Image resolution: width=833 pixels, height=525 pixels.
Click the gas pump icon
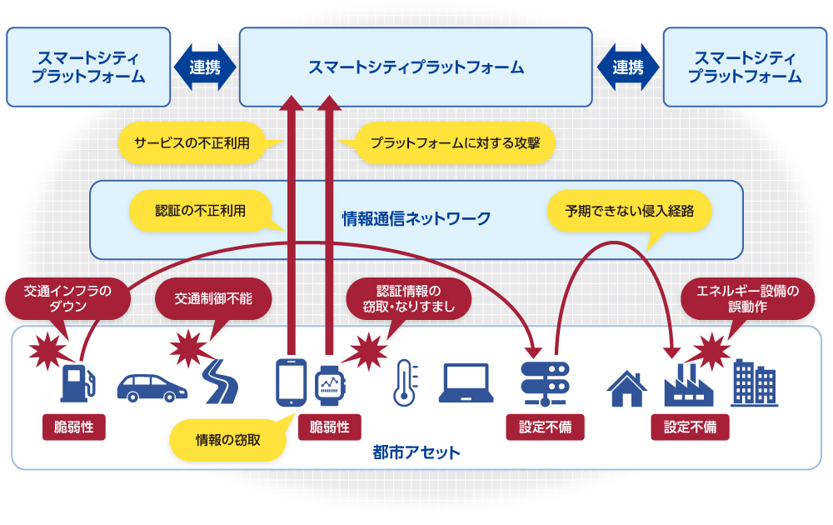(x=78, y=382)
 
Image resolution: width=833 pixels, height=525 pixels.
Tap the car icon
(x=152, y=387)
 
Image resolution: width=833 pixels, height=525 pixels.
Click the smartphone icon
(x=291, y=382)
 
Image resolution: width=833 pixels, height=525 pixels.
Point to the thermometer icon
(x=406, y=382)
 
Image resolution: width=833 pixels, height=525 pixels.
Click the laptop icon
(x=466, y=383)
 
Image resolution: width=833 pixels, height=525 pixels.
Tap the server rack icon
(x=545, y=383)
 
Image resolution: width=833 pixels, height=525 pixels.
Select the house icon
(x=627, y=388)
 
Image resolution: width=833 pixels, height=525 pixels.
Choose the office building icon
(x=755, y=383)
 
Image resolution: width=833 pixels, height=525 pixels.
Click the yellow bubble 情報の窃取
(x=228, y=440)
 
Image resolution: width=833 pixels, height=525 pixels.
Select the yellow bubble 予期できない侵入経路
(x=630, y=211)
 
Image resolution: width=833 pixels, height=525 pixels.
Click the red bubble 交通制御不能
(x=213, y=298)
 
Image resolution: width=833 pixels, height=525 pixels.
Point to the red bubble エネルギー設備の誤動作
(x=747, y=298)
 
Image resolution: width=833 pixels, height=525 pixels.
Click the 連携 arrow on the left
(x=205, y=67)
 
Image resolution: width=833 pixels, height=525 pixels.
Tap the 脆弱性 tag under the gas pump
(x=74, y=427)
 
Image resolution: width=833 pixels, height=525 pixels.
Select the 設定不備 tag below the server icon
(x=545, y=427)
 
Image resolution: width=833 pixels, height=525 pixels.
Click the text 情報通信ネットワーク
(x=416, y=218)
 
